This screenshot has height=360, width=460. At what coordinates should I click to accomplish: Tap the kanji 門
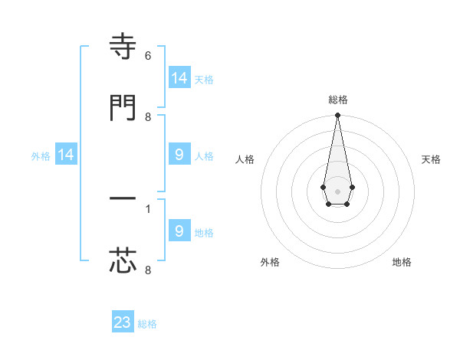(123, 107)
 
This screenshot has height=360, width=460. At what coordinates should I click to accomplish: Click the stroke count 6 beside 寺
(148, 56)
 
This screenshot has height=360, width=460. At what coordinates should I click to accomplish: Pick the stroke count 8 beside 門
(148, 116)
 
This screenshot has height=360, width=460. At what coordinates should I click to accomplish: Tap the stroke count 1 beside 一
(148, 208)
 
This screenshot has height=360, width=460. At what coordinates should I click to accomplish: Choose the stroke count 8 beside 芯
(148, 269)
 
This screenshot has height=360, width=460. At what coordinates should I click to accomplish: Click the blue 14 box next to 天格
(179, 78)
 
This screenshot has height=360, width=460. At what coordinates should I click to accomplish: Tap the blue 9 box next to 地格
(179, 231)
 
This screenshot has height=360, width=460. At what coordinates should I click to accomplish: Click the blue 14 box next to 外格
(66, 155)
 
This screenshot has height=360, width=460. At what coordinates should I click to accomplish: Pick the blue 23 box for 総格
(123, 322)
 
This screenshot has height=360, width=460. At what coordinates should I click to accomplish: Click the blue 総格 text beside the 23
(147, 324)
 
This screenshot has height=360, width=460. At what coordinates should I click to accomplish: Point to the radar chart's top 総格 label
(337, 100)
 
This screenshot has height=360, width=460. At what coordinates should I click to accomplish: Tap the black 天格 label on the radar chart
(431, 159)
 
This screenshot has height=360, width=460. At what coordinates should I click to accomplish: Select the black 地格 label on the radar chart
(402, 262)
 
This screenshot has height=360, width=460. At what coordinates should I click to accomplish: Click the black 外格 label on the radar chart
(270, 262)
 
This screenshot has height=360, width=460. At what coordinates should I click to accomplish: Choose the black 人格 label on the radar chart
(245, 159)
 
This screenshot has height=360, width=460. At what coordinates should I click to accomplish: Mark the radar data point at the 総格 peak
(337, 115)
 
